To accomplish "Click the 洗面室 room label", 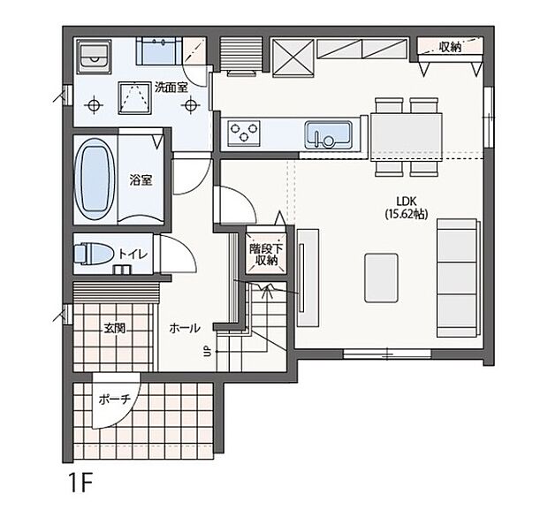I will [x=171, y=87].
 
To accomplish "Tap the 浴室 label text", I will [x=141, y=180].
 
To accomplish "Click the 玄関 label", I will [x=114, y=327].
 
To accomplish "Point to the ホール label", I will [x=184, y=327].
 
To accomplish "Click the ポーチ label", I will [x=114, y=400].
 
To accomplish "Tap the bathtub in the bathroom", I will [x=93, y=179].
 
